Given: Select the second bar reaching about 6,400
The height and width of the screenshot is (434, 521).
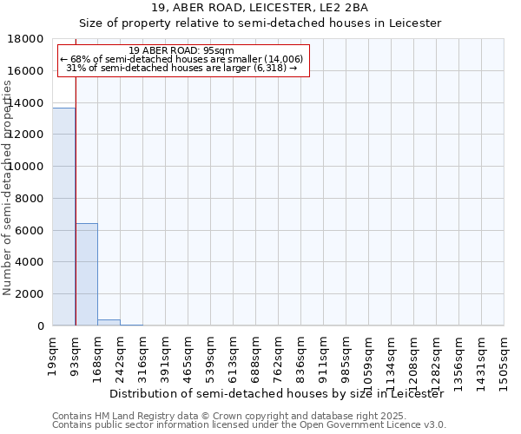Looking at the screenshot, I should pos(87,274).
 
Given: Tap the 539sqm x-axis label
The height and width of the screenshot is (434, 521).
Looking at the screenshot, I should pos(211,354).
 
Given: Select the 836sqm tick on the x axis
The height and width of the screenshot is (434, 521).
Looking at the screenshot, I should pos(301,354).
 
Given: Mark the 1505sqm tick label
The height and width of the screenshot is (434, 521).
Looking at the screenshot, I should pos(505,358).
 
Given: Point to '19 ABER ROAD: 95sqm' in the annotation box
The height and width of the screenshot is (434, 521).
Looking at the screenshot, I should pos(181,50).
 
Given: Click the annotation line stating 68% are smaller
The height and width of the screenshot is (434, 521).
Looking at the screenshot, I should pos(181,59).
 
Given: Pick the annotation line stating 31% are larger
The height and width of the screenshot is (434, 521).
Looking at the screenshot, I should pos(181,68).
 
